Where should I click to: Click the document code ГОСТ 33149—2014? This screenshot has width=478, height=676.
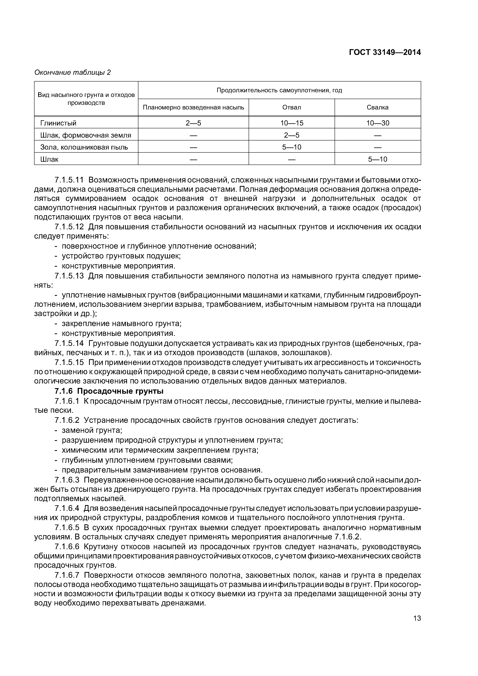pyautogui.click(x=385, y=52)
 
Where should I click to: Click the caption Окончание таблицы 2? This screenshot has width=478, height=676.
pyautogui.click(x=72, y=72)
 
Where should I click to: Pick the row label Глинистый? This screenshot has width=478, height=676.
pyautogui.click(x=58, y=123)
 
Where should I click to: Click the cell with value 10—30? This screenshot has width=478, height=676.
pyautogui.click(x=378, y=123)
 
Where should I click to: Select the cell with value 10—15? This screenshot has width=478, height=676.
pyautogui.click(x=292, y=123)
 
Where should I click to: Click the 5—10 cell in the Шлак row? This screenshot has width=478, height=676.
pyautogui.click(x=378, y=160)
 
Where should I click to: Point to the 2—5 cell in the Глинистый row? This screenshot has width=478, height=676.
pyautogui.click(x=194, y=123)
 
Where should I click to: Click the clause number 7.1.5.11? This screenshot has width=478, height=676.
pyautogui.click(x=69, y=180)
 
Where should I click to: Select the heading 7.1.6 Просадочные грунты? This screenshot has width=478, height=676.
pyautogui.click(x=109, y=391)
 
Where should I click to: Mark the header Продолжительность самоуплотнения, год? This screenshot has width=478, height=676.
pyautogui.click(x=279, y=90)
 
